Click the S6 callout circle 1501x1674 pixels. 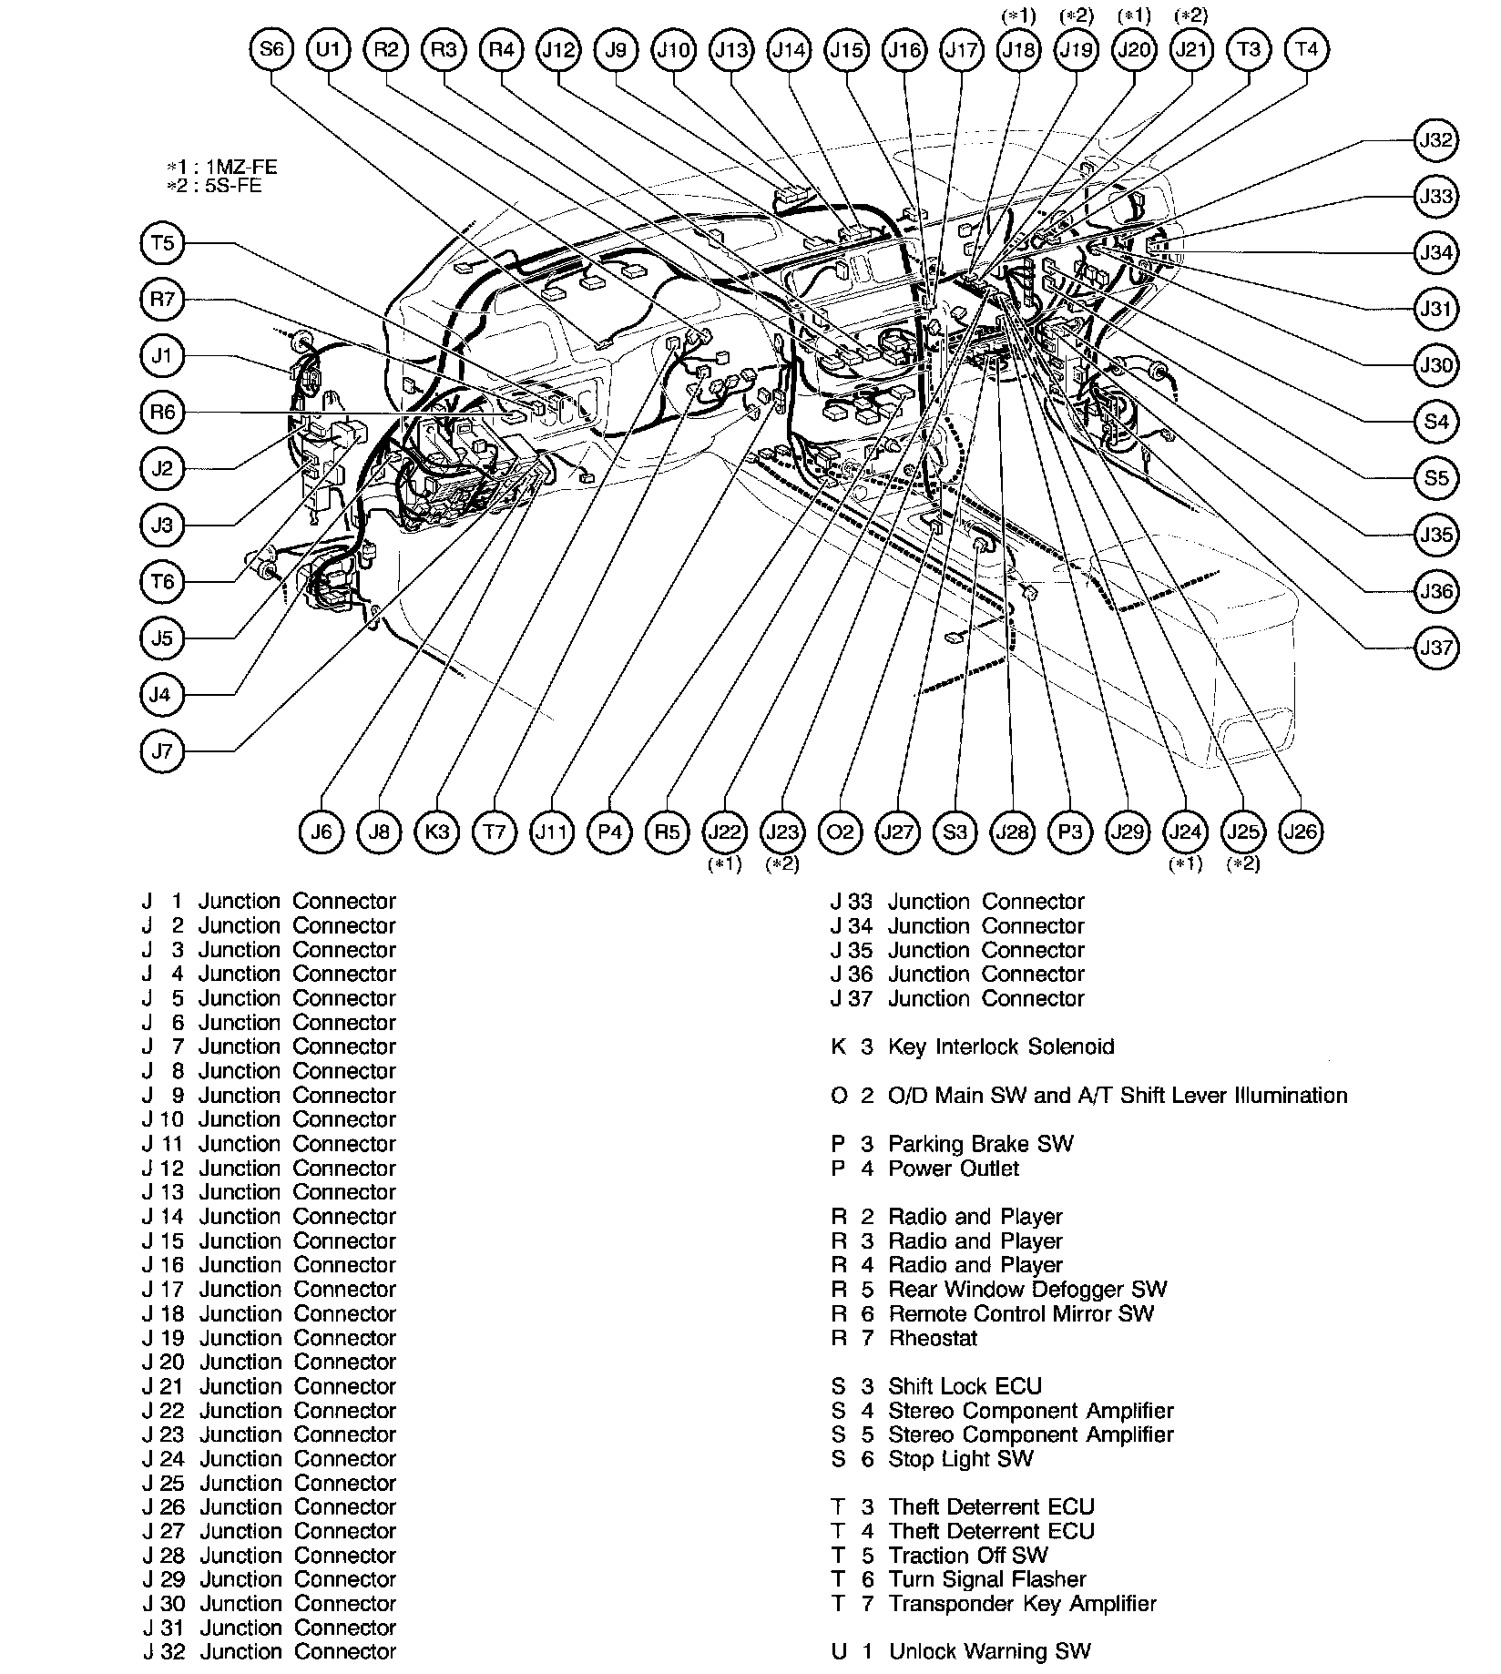click(x=271, y=49)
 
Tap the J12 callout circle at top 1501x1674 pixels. click(x=558, y=49)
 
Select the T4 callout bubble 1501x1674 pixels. click(x=1305, y=49)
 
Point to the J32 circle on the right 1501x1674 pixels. click(x=1435, y=140)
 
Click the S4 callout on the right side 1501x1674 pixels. click(x=1435, y=422)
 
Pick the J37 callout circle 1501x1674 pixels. click(x=1435, y=648)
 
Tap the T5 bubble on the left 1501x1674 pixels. click(x=163, y=243)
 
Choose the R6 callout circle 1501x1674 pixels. click(x=163, y=413)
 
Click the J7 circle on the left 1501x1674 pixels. click(x=163, y=751)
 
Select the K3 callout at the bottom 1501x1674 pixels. click(x=437, y=832)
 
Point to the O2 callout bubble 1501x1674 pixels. click(x=840, y=832)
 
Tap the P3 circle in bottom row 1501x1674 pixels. click(x=1070, y=832)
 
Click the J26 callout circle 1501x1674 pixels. click(x=1300, y=832)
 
